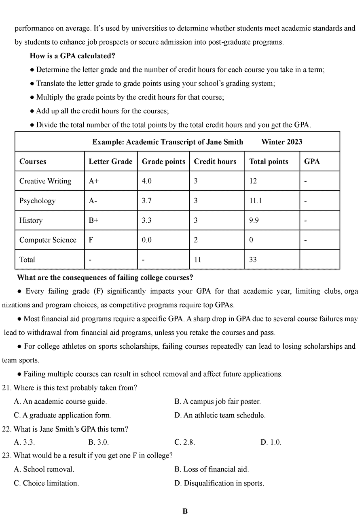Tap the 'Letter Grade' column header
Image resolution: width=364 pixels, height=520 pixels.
tap(110, 161)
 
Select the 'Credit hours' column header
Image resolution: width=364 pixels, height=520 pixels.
tap(215, 161)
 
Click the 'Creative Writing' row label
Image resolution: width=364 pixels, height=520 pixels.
tap(45, 181)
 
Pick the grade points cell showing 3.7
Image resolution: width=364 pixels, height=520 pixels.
tap(147, 200)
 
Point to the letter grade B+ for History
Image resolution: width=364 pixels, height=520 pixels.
tap(93, 220)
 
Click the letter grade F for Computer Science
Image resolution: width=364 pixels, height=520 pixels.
tap(91, 240)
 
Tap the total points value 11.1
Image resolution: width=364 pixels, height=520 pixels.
tap(256, 200)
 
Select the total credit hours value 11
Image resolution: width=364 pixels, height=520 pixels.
tap(197, 260)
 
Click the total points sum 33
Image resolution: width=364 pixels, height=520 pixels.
tap(253, 260)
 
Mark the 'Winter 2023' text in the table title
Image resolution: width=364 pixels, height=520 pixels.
tap(281, 142)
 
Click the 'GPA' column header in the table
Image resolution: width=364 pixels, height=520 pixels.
tap(312, 161)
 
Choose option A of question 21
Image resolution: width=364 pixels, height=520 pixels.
tap(60, 401)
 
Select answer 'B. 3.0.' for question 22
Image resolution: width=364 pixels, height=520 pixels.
tap(98, 442)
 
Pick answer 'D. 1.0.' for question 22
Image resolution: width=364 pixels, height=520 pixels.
tap(271, 442)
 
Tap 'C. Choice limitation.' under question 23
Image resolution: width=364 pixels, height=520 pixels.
tap(47, 483)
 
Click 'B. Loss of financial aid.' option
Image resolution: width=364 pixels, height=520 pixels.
tap(212, 469)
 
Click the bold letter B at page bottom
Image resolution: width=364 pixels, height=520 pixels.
tap(185, 511)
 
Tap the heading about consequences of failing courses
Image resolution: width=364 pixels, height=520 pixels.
tap(105, 277)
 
